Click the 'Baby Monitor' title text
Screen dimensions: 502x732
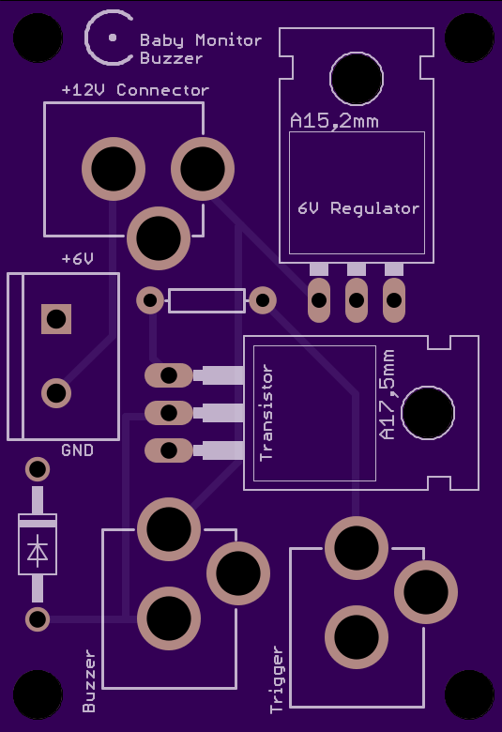click(x=201, y=40)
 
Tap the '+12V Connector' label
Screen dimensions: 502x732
click(x=135, y=90)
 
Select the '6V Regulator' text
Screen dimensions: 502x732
click(x=358, y=208)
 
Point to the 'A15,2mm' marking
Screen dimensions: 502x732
click(x=334, y=121)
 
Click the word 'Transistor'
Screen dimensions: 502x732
click(x=266, y=413)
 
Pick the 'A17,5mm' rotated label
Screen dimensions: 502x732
click(x=388, y=394)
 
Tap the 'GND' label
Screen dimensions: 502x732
click(x=78, y=450)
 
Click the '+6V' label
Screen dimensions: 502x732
click(x=78, y=259)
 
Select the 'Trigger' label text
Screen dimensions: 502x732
click(x=277, y=679)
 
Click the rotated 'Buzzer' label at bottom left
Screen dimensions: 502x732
click(x=89, y=681)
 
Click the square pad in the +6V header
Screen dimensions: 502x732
click(x=56, y=319)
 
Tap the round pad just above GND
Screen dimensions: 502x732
click(x=56, y=393)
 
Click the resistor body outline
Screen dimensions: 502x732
click(x=206, y=300)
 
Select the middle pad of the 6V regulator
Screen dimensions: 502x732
click(x=357, y=299)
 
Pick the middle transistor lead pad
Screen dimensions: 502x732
click(x=169, y=413)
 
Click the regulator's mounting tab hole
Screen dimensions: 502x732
click(x=357, y=79)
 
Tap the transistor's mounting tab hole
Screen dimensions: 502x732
click(x=428, y=413)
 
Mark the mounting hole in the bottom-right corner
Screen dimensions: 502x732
click(x=469, y=694)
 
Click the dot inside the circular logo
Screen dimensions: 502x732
click(x=113, y=38)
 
